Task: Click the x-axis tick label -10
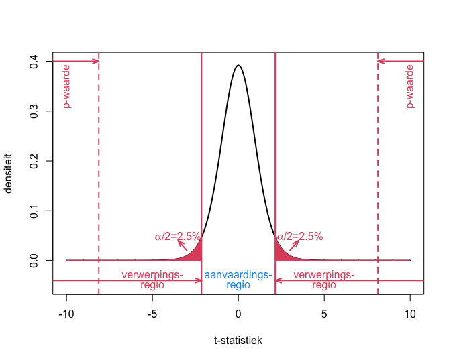pos(66,314)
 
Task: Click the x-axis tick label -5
pos(152,314)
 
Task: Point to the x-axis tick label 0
pos(238,314)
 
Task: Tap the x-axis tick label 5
pos(324,314)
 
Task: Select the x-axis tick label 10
pos(410,314)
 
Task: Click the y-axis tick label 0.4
pos(34,62)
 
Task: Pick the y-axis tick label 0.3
pos(34,111)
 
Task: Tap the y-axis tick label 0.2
pos(34,161)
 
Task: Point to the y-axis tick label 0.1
pos(34,211)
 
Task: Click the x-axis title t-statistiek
pos(238,340)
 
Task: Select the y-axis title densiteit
pos(8,174)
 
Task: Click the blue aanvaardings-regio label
pos(238,280)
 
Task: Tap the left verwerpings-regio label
pos(152,280)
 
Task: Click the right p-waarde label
pos(411,86)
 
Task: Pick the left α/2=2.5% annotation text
pos(177,237)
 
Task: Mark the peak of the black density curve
pos(238,65)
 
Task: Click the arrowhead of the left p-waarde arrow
pos(97,61)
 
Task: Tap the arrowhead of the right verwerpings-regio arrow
pos(278,280)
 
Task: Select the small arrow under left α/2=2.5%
pos(183,245)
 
